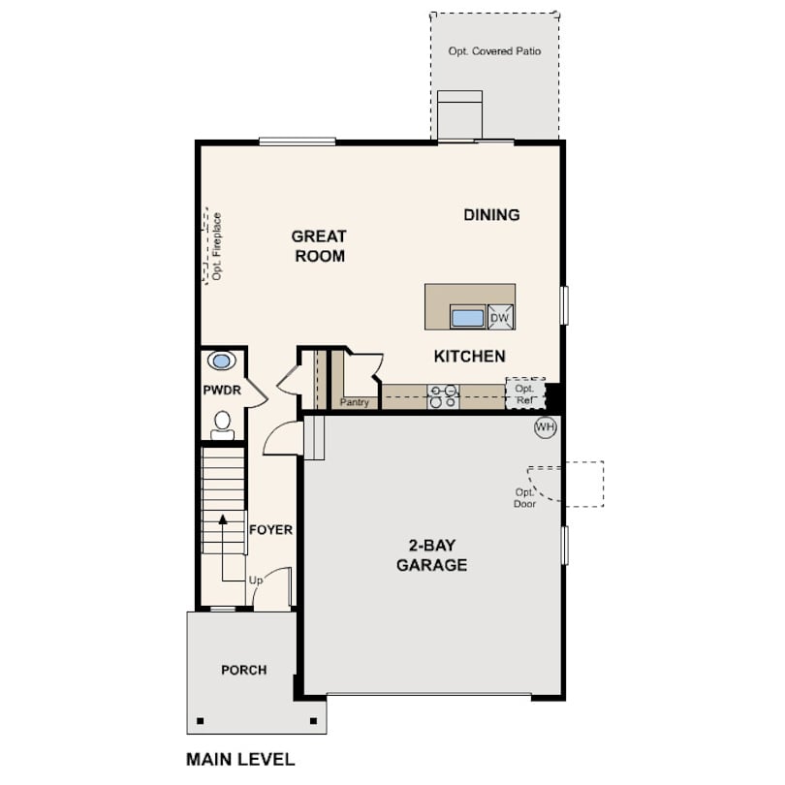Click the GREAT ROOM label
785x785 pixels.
pyautogui.click(x=319, y=246)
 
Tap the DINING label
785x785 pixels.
pyautogui.click(x=491, y=215)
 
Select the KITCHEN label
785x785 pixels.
pyautogui.click(x=470, y=356)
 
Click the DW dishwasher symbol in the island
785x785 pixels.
pyautogui.click(x=500, y=317)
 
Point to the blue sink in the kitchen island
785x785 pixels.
pyautogui.click(x=467, y=318)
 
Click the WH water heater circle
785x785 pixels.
pyautogui.click(x=546, y=427)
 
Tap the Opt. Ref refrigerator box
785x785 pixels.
pyautogui.click(x=525, y=393)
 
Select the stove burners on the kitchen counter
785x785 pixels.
pyautogui.click(x=443, y=396)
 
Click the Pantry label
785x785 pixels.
pyautogui.click(x=354, y=402)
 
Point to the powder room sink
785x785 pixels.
pyautogui.click(x=221, y=361)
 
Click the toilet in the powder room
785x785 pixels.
pyautogui.click(x=222, y=425)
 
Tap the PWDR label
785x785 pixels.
pyautogui.click(x=222, y=390)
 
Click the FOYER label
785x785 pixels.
pyautogui.click(x=270, y=530)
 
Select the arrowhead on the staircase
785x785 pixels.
pyautogui.click(x=223, y=519)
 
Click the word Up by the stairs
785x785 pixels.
pyautogui.click(x=256, y=581)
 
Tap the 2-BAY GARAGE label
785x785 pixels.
pyautogui.click(x=431, y=554)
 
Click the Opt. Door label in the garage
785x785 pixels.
pyautogui.click(x=524, y=498)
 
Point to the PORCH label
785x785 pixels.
pyautogui.click(x=244, y=670)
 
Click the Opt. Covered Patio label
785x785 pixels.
pyautogui.click(x=494, y=51)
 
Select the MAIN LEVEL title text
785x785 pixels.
pyautogui.click(x=240, y=759)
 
